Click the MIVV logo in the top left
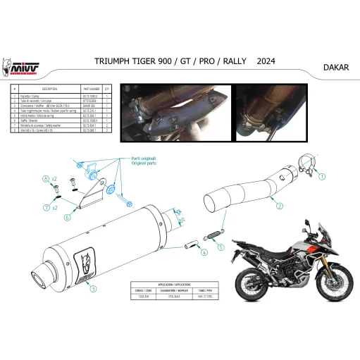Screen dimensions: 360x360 23,66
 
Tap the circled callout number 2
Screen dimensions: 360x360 279,207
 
